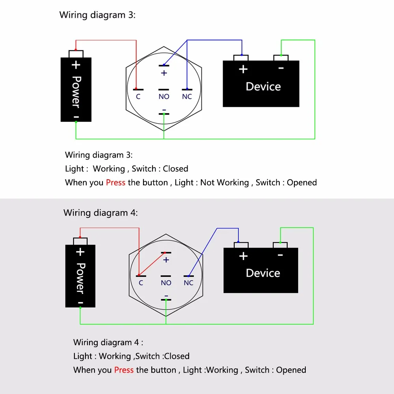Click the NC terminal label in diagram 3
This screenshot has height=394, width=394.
click(187, 97)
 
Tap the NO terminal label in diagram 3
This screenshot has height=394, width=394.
click(164, 97)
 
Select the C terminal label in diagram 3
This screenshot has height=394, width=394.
click(138, 97)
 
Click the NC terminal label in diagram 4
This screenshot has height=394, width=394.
click(188, 283)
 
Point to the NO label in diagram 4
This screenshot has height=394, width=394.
click(166, 283)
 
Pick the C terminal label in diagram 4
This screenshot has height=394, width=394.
click(141, 283)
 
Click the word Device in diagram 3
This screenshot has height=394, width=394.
click(263, 87)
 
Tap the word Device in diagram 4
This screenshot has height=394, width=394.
click(263, 273)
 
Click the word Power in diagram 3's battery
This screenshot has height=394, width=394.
click(76, 92)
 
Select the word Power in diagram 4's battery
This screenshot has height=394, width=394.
click(80, 278)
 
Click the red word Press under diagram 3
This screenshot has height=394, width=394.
click(115, 182)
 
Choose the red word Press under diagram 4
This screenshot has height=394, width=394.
click(124, 370)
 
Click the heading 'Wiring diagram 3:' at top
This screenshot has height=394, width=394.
click(97, 15)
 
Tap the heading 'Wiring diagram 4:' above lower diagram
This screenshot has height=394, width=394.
click(100, 213)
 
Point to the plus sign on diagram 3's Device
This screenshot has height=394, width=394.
click(243, 69)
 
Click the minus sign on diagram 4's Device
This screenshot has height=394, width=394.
click(280, 255)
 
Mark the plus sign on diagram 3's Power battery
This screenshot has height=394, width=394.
click(76, 65)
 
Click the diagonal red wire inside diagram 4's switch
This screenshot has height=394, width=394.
click(152, 263)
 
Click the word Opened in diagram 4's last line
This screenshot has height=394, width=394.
click(291, 370)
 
